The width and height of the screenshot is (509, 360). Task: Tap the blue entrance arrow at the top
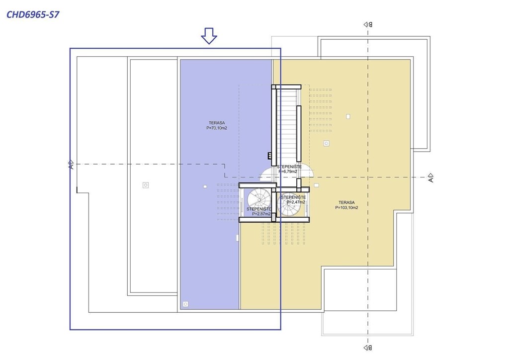point(209,35)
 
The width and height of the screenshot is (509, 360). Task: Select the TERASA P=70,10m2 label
point(217,125)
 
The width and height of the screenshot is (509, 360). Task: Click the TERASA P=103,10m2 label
point(346,205)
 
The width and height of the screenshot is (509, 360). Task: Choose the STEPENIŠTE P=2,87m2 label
point(259,211)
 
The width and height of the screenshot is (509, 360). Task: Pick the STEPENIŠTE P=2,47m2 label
point(293,200)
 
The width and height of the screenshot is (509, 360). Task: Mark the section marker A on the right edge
point(430,177)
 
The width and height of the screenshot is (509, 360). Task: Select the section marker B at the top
point(368,24)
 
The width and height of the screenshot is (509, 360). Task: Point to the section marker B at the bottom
point(368,347)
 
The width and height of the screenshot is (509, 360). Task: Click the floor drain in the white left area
point(145,185)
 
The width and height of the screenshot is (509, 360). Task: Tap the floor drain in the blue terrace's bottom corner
point(185,304)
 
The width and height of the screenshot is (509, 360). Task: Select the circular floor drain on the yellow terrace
point(326,143)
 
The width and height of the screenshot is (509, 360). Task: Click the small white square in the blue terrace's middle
point(205,187)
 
